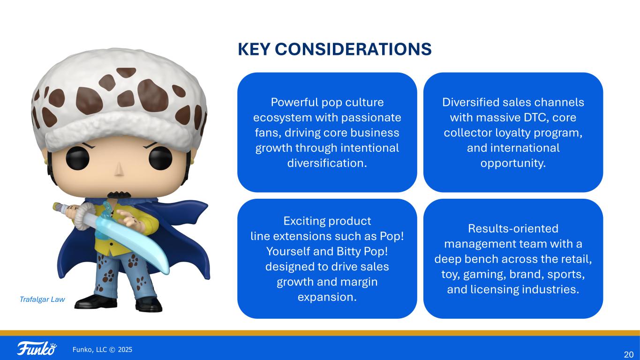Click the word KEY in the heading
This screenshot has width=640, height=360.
254,49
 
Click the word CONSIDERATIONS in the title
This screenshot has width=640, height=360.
353,49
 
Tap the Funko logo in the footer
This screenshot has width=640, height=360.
37,349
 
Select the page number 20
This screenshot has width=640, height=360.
629,354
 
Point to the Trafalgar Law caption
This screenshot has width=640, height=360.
42,300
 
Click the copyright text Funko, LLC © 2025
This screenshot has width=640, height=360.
102,350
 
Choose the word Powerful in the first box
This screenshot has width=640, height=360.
295,102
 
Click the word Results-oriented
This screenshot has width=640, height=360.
513,229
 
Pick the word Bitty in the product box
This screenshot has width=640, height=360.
347,252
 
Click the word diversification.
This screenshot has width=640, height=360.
327,163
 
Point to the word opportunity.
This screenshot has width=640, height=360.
513,164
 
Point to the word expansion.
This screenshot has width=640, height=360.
327,298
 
